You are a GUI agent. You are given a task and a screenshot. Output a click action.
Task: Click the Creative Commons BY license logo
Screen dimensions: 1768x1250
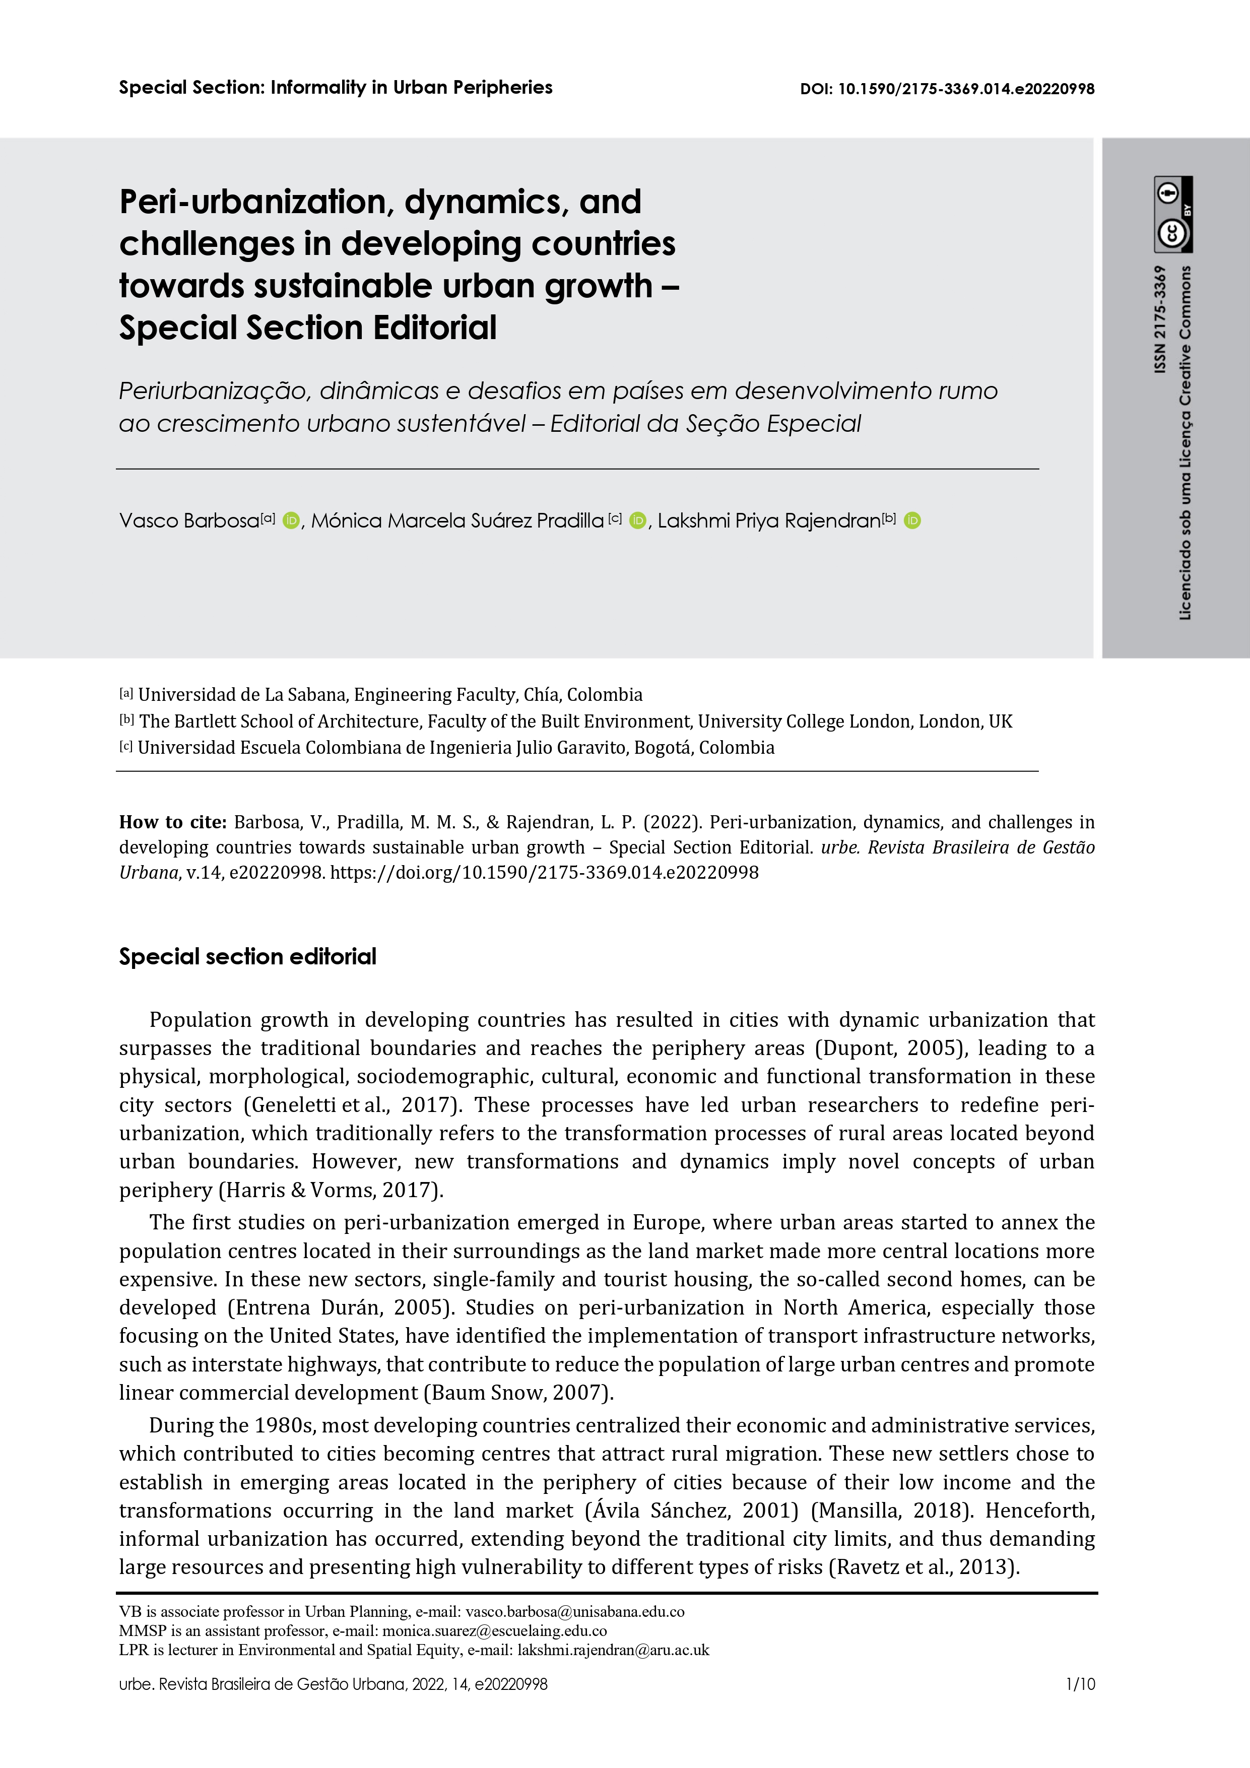pos(1172,215)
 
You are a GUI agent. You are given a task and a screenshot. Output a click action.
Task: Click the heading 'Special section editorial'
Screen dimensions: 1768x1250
pos(247,956)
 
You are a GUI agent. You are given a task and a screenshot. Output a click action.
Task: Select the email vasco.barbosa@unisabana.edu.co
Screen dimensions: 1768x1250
pos(574,1612)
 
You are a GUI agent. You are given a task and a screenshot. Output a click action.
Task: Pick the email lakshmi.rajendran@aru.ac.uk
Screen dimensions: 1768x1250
pos(613,1650)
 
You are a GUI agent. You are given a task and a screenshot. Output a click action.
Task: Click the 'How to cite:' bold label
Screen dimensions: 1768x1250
pos(172,822)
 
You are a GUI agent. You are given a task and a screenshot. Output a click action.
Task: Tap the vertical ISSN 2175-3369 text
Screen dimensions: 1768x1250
pos(1160,319)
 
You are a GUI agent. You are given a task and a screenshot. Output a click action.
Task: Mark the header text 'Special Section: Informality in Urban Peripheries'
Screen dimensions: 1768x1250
pos(335,88)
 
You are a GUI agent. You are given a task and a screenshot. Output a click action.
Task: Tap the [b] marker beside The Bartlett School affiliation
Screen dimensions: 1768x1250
pos(126,721)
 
